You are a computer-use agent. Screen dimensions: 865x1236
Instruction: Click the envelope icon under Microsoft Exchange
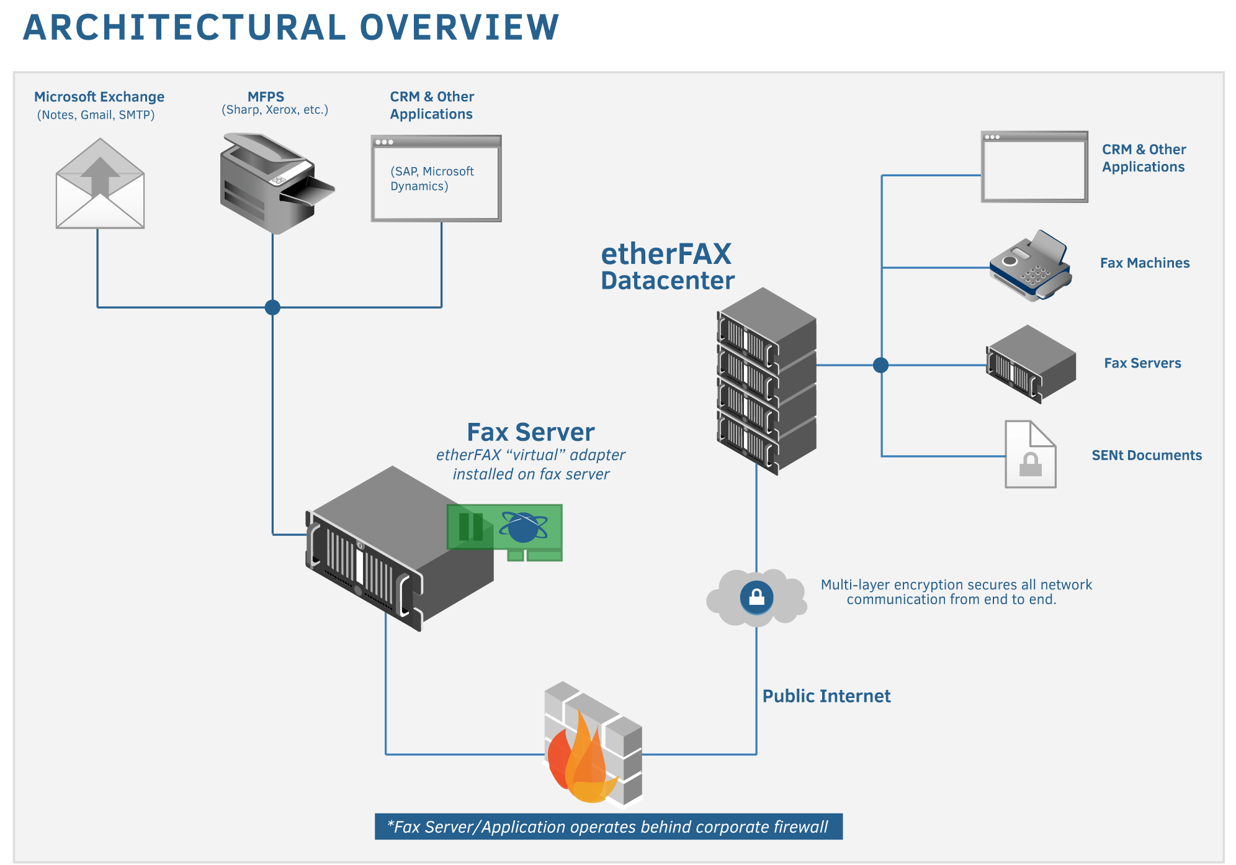pyautogui.click(x=100, y=184)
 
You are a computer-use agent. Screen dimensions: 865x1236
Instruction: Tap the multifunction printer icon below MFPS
pyautogui.click(x=274, y=183)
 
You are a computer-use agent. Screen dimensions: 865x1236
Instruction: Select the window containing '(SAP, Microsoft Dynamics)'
pyautogui.click(x=436, y=178)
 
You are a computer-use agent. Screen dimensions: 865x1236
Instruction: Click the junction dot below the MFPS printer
pyautogui.click(x=272, y=307)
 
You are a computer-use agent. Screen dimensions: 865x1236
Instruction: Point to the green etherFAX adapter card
pyautogui.click(x=505, y=532)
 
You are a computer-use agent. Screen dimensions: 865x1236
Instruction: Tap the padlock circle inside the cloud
pyautogui.click(x=756, y=597)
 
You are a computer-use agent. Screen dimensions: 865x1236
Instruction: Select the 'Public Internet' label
pyautogui.click(x=826, y=696)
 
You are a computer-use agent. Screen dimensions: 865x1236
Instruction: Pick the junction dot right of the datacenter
pyautogui.click(x=880, y=365)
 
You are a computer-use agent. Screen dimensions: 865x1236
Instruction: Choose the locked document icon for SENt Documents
pyautogui.click(x=1030, y=455)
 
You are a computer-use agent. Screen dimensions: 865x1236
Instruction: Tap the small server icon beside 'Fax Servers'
pyautogui.click(x=1031, y=364)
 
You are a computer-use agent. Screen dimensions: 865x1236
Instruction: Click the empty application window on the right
pyautogui.click(x=1034, y=166)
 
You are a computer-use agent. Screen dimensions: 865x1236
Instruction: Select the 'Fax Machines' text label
pyautogui.click(x=1145, y=263)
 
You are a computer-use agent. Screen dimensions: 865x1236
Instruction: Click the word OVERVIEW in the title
pyautogui.click(x=459, y=28)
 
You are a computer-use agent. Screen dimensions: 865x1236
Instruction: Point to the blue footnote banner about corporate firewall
pyautogui.click(x=608, y=827)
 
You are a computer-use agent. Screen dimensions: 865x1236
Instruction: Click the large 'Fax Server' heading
pyautogui.click(x=531, y=432)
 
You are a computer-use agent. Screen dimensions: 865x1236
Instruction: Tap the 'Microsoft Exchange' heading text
pyautogui.click(x=99, y=97)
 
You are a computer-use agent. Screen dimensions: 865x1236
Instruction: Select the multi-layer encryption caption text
pyautogui.click(x=956, y=592)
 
